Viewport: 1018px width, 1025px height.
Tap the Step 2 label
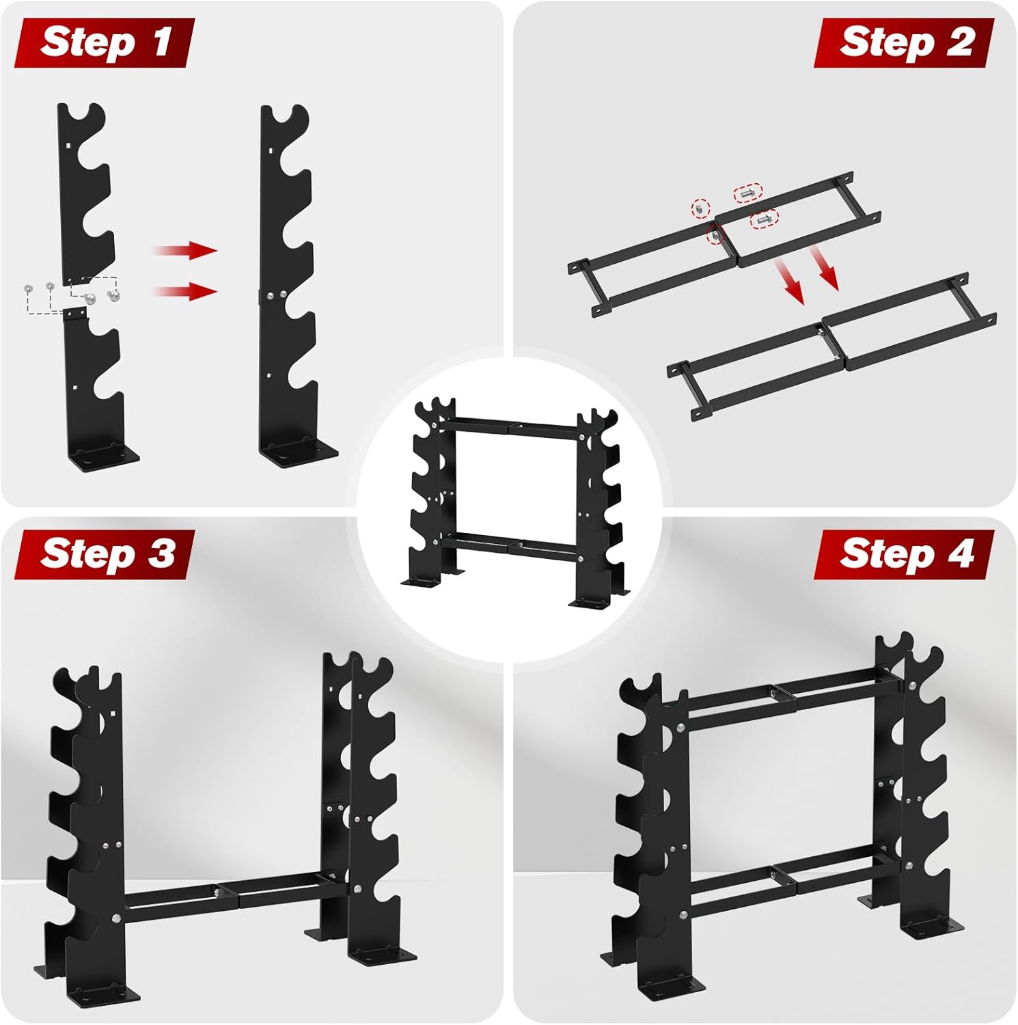click(x=904, y=42)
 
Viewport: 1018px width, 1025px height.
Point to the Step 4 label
click(x=904, y=554)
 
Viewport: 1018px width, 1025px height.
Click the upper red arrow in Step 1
click(x=184, y=250)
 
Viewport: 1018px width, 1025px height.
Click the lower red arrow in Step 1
click(x=184, y=292)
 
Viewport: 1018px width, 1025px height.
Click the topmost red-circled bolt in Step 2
click(x=748, y=193)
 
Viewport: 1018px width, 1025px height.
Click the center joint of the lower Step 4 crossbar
click(x=780, y=874)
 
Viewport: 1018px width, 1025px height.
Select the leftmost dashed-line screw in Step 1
click(x=28, y=288)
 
